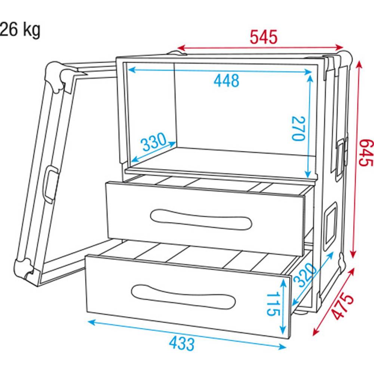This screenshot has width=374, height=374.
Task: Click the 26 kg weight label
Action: [20, 30]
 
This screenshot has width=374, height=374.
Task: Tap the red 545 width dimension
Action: [264, 37]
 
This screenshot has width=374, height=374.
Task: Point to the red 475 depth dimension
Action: [343, 307]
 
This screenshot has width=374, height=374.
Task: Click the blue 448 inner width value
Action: [226, 81]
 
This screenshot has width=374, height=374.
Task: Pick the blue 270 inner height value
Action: [298, 128]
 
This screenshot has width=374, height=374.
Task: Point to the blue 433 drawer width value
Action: [182, 344]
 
